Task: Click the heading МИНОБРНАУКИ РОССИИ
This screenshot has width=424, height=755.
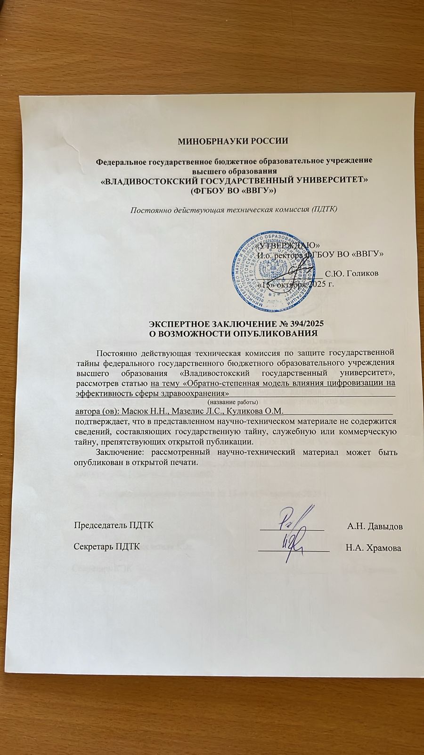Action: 232,140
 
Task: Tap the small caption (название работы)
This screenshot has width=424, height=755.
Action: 233,402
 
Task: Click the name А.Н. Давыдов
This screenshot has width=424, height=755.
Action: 375,526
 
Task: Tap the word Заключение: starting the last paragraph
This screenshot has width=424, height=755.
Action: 118,452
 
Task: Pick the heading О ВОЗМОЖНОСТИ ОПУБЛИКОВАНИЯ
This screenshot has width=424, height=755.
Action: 235,334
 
